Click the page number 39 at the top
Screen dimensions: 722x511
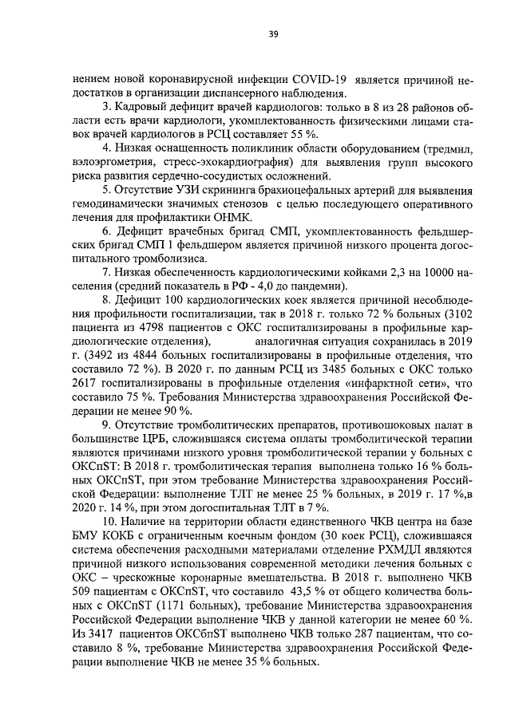coord(272,33)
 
